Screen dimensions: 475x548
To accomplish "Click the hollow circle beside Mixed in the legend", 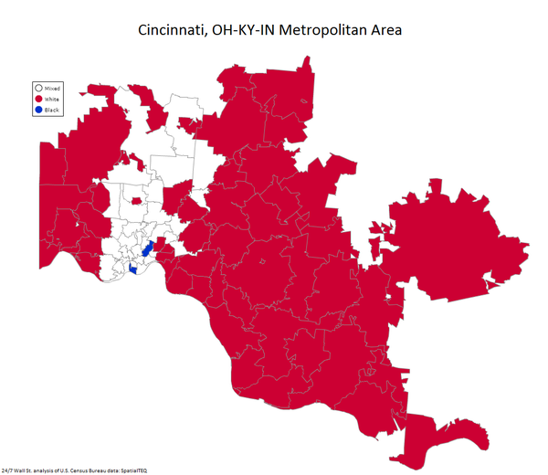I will click(38, 88).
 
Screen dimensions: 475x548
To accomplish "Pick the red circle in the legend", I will click(38, 99).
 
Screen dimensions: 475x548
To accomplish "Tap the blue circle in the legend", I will click(38, 110).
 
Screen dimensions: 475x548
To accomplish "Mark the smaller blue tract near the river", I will click(135, 269).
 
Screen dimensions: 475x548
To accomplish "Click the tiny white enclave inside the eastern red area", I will click(389, 298).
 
